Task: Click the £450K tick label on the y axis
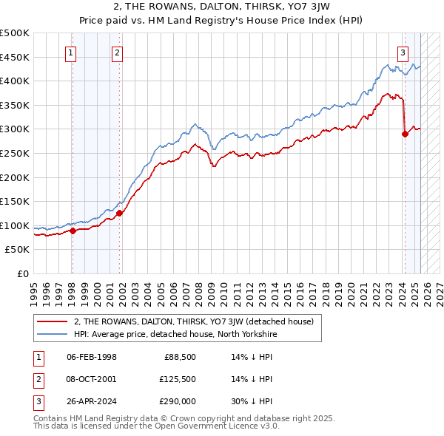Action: pyautogui.click(x=15, y=57)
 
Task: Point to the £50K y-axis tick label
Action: pyautogui.click(x=17, y=250)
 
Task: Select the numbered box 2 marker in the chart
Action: pyautogui.click(x=118, y=52)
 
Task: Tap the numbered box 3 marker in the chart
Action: pyautogui.click(x=403, y=52)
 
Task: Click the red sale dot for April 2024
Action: pyautogui.click(x=405, y=134)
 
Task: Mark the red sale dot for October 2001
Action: pyautogui.click(x=118, y=213)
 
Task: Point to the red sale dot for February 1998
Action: pyautogui.click(x=73, y=231)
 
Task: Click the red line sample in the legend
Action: pyautogui.click(x=53, y=321)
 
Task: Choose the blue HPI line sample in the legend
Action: pyautogui.click(x=53, y=334)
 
